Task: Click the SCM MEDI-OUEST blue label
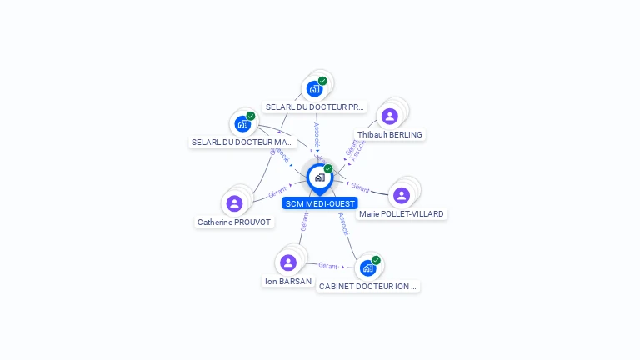tap(320, 203)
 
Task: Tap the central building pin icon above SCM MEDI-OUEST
tap(319, 177)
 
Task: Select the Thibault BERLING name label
tap(390, 135)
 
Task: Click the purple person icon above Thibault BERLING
tap(389, 116)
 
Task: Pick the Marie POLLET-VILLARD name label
tap(402, 214)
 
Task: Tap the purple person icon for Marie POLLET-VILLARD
tap(402, 195)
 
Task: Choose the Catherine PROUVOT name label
tap(234, 222)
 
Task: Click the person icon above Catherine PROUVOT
tap(234, 203)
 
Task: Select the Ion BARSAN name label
tap(288, 282)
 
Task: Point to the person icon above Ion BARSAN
tap(288, 262)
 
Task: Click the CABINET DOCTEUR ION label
tap(367, 286)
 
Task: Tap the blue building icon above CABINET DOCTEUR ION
tap(367, 267)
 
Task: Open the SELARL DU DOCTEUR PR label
tap(315, 107)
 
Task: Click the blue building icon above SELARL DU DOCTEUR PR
tap(314, 88)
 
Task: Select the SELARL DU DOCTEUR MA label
tap(242, 142)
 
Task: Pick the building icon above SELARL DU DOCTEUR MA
tap(242, 124)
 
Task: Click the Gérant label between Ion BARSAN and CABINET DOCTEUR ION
tap(327, 266)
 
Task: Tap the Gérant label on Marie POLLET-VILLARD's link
tap(360, 187)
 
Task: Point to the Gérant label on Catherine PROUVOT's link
tap(277, 192)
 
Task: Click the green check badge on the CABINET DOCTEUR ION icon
tap(376, 260)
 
